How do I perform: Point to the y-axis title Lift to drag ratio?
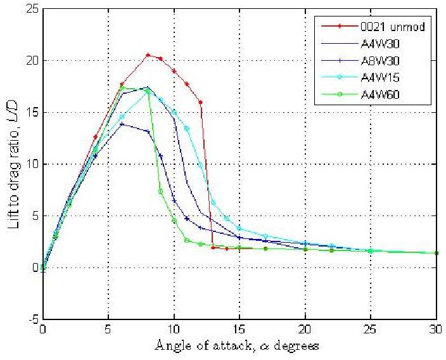pos(13,164)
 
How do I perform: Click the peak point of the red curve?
pos(148,55)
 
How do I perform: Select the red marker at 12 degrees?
pos(200,102)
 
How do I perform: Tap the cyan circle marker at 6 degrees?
pos(122,117)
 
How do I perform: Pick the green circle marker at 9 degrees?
pos(161,191)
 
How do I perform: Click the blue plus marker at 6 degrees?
pos(122,124)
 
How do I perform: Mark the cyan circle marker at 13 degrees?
pos(213,202)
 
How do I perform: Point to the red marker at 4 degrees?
pos(95,137)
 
